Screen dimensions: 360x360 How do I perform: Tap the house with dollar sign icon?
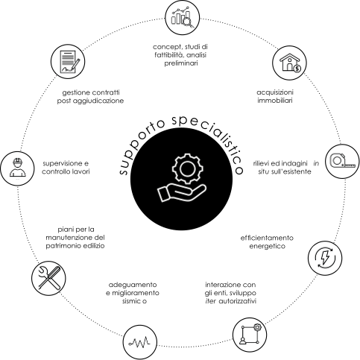290,63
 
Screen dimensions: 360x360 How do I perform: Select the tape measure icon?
342,161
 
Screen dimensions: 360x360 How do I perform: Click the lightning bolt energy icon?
325,258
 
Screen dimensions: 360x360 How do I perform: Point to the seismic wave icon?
139,343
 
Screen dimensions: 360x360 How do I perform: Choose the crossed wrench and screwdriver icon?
49,278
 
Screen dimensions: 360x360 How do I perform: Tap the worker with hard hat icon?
17,168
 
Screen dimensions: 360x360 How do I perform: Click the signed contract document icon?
70,62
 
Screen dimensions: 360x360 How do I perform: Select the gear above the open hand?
188,168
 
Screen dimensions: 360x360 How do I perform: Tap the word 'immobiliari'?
275,101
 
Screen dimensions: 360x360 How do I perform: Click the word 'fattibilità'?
169,55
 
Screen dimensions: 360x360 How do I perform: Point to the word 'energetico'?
268,246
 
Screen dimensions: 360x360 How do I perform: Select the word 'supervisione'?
63,163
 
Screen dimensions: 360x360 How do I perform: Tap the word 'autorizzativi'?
238,301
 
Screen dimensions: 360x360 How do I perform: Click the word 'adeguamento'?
133,285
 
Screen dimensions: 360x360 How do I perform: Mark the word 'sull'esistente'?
291,171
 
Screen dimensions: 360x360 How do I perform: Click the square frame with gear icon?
250,335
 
